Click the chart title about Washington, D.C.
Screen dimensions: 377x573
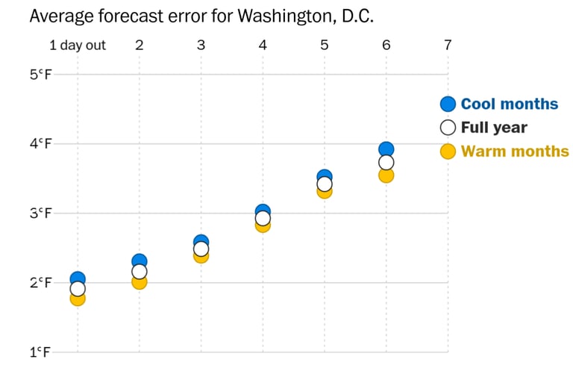tap(201, 16)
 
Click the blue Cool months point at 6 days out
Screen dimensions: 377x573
tap(386, 149)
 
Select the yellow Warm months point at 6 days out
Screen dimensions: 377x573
tap(386, 175)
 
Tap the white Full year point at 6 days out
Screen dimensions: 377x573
tap(386, 162)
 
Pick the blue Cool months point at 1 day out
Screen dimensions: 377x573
tap(78, 278)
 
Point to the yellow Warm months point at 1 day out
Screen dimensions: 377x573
tap(78, 299)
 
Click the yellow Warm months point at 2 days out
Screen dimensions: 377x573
tap(140, 282)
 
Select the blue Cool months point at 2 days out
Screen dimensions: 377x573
tap(140, 261)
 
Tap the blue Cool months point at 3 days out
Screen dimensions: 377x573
tap(201, 241)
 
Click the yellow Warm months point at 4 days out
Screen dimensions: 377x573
tap(263, 225)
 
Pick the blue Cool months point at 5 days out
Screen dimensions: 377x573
tap(325, 176)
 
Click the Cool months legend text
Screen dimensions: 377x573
tap(509, 105)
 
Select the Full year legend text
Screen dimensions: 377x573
tap(493, 128)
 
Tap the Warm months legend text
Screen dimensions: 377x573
tap(514, 152)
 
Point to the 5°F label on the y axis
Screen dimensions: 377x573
tap(40, 75)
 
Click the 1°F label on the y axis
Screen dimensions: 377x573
tap(40, 352)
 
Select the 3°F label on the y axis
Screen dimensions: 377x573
tap(40, 213)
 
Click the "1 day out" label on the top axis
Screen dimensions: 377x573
tap(78, 46)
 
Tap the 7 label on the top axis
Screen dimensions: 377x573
tap(448, 45)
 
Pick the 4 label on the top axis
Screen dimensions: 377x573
tap(263, 45)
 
